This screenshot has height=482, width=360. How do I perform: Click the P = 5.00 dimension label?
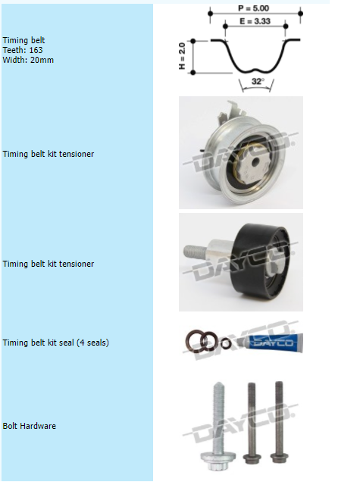coord(254,8)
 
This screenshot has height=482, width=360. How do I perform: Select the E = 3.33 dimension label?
coord(255,21)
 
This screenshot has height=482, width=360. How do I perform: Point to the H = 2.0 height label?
coord(182,56)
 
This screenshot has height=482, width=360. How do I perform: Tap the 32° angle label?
coord(258,81)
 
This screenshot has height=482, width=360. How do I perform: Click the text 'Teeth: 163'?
coord(23,50)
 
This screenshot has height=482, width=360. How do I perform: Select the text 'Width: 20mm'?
coord(28,60)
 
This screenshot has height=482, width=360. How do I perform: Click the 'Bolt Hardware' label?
coord(30,426)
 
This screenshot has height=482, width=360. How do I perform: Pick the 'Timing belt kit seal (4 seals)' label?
coord(55,343)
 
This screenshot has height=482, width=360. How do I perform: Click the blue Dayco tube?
coord(274,343)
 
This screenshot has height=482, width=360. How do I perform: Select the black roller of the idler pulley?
coord(261,261)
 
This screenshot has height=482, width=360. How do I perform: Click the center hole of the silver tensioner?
coord(255,162)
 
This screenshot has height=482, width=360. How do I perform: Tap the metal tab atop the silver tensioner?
coord(230,112)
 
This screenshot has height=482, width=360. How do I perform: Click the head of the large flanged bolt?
coord(218,461)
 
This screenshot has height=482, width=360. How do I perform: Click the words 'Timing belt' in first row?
coord(23,40)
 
